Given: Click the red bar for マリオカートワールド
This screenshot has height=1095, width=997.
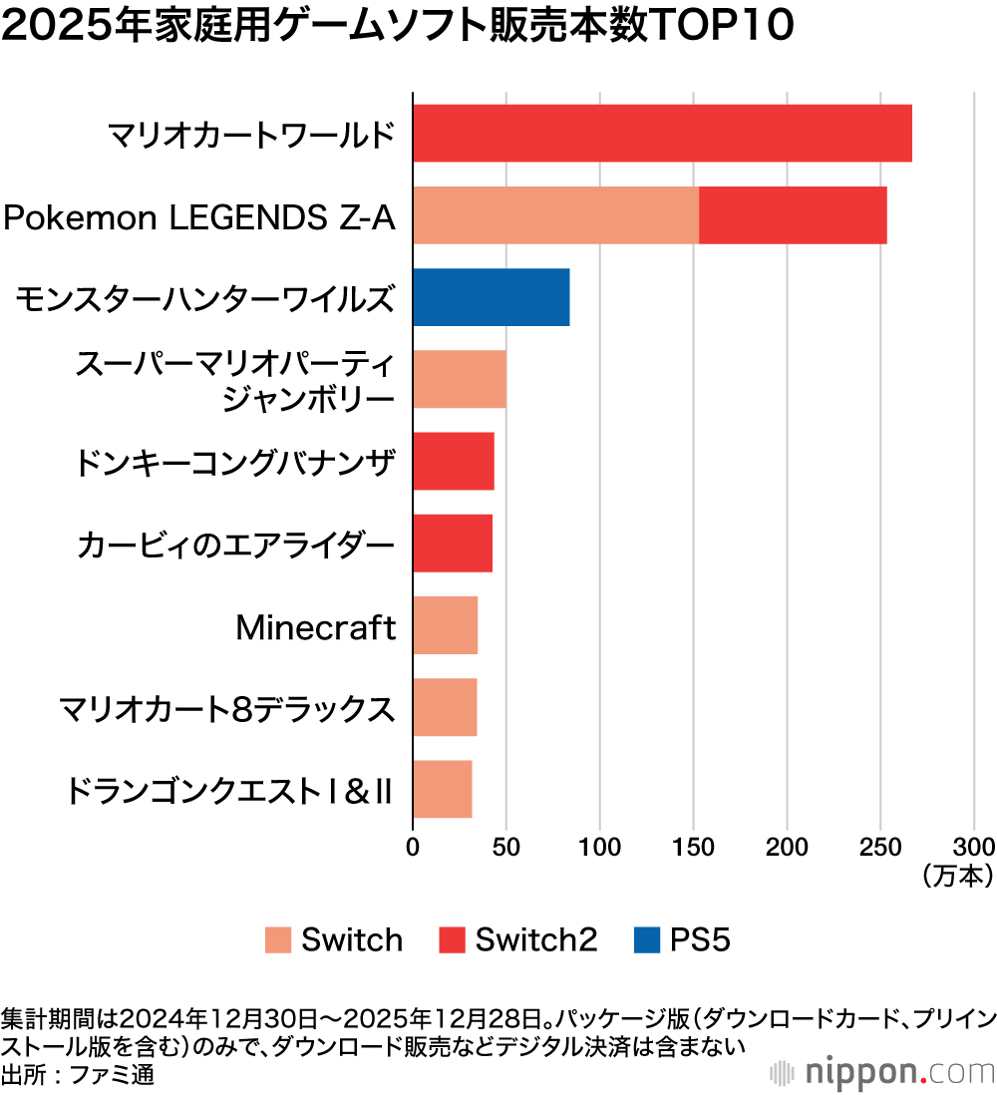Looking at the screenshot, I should click(662, 133).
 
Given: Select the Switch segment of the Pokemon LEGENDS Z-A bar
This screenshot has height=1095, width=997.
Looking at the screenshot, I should click(555, 214).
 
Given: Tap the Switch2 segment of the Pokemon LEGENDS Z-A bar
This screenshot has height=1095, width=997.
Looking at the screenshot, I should click(793, 214).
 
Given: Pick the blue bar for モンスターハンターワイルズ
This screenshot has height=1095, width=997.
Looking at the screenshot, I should click(491, 297).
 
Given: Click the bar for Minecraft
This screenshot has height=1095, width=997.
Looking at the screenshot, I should click(445, 625).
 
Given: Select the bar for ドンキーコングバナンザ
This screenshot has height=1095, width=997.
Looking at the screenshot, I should click(453, 461).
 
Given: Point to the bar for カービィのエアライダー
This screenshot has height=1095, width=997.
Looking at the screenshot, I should click(452, 544).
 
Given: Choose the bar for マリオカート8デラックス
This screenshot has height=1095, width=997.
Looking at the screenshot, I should click(445, 707).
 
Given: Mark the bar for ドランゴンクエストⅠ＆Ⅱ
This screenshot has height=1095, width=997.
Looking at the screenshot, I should click(442, 789).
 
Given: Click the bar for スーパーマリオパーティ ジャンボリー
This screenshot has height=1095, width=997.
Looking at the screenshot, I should click(459, 379).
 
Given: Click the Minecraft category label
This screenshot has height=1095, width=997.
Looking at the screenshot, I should click(315, 627).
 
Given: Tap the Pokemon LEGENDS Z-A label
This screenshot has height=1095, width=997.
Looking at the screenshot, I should click(198, 215).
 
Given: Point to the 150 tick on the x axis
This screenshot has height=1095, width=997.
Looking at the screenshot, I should click(693, 847).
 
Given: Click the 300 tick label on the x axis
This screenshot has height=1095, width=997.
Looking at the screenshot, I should click(974, 847).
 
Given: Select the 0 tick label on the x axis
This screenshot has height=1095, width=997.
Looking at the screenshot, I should click(413, 847).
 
